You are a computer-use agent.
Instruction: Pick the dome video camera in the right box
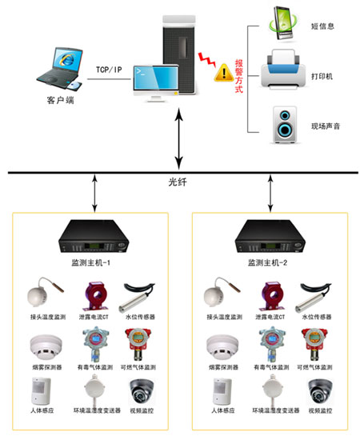click(x=319, y=391)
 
